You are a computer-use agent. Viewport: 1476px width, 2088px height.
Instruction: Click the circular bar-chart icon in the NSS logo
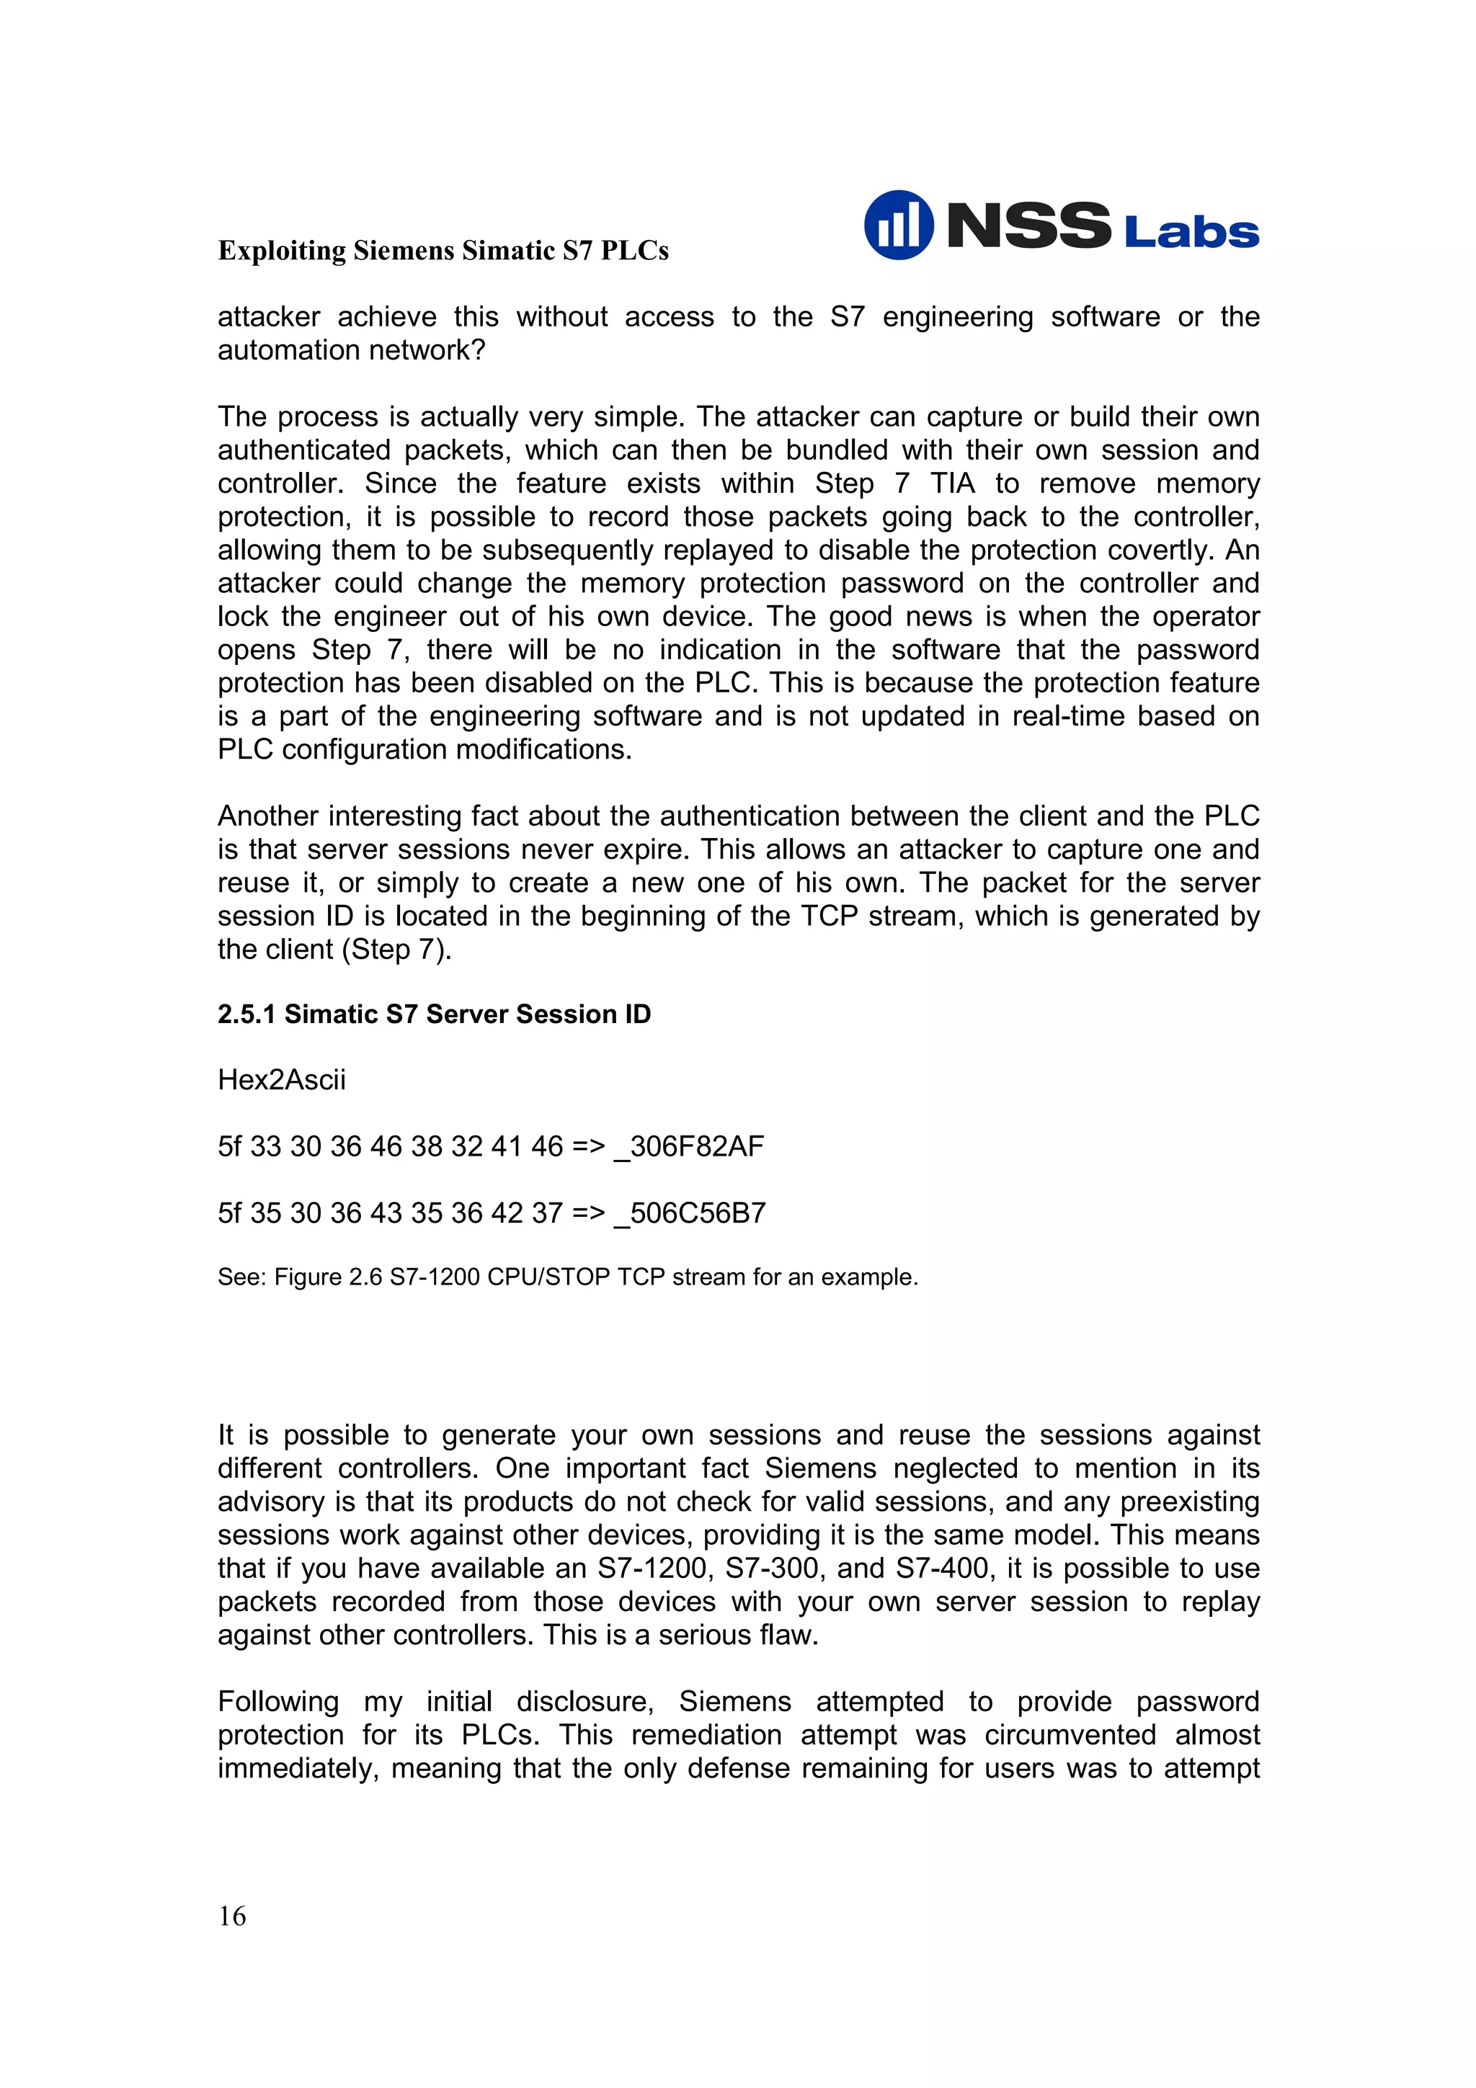tap(897, 225)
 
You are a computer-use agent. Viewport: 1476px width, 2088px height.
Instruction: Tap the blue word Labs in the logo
tap(1191, 233)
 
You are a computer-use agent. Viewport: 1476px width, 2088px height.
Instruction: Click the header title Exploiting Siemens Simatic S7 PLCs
tap(443, 250)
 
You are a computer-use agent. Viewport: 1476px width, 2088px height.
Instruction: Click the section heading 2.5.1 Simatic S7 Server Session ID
tap(434, 1014)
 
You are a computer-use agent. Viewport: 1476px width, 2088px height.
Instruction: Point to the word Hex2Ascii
tap(282, 1079)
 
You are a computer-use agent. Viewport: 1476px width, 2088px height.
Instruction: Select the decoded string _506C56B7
tap(690, 1213)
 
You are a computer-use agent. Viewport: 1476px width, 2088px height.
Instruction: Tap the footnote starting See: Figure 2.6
tap(567, 1277)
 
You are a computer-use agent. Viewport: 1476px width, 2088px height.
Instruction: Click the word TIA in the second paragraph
tap(951, 483)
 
